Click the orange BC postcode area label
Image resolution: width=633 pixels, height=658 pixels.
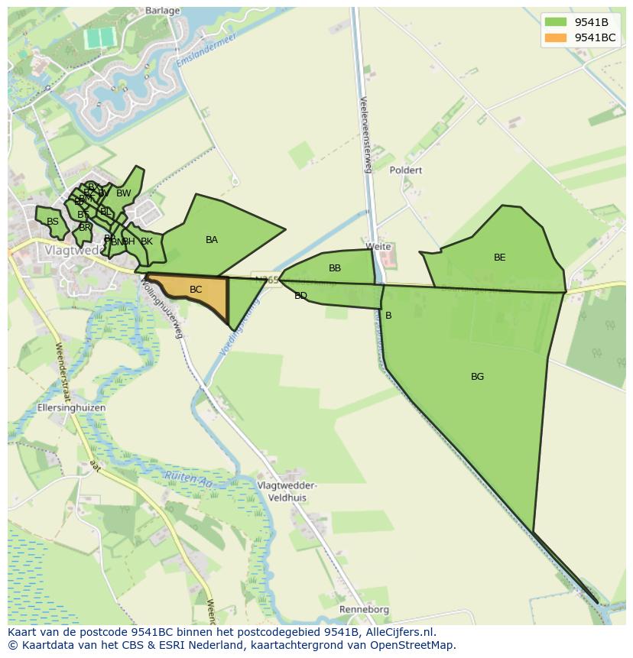(196, 290)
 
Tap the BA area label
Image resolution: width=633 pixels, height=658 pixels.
(212, 240)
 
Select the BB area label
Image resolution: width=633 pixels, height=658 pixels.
(335, 268)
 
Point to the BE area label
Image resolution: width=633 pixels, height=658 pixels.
(499, 258)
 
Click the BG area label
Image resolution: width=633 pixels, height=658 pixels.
(477, 377)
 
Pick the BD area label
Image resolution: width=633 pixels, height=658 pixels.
(300, 296)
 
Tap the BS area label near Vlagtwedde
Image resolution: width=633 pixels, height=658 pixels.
(53, 222)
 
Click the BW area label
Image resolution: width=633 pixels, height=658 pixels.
(124, 193)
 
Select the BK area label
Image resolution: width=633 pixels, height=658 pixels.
(147, 241)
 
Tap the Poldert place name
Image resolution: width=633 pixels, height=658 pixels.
(405, 170)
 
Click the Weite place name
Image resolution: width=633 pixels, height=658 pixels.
(378, 247)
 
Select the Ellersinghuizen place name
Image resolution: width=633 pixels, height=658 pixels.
(71, 408)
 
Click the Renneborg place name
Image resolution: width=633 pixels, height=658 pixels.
(365, 610)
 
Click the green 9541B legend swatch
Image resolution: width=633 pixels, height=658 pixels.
(557, 22)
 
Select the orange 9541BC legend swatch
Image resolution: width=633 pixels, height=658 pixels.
(557, 37)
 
